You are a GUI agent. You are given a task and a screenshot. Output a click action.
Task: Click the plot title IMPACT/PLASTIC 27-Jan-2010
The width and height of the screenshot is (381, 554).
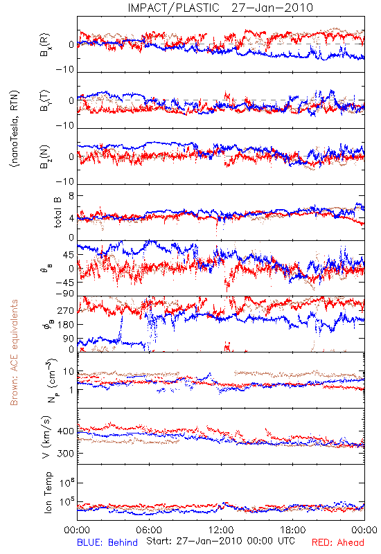[x=220, y=8]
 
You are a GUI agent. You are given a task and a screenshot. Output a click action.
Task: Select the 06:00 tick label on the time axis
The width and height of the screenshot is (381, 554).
[x=149, y=530]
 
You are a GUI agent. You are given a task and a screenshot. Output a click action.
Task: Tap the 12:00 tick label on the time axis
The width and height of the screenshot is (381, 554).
[x=221, y=530]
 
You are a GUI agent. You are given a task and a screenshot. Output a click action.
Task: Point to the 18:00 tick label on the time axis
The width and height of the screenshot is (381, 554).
[x=293, y=530]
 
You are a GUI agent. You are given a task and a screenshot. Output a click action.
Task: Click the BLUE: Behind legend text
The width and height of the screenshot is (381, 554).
[x=107, y=542]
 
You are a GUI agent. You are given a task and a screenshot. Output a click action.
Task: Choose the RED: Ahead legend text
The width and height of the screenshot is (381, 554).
[x=337, y=542]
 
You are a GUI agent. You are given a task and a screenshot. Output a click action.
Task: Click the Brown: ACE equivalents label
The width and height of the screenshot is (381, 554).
[x=14, y=352]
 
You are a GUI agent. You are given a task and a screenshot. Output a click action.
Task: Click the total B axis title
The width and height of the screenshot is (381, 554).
[x=57, y=213]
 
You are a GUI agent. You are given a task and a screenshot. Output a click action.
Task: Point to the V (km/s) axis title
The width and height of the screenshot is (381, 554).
[x=46, y=438]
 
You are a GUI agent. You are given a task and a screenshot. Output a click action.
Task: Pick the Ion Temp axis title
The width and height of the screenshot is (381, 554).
[x=48, y=492]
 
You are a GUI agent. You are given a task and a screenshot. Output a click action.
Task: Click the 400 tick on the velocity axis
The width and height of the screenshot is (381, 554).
[x=65, y=431]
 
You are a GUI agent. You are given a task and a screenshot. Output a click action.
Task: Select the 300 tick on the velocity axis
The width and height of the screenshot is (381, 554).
[x=65, y=453]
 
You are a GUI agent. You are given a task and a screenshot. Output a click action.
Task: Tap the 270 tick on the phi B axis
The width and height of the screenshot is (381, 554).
[x=65, y=310]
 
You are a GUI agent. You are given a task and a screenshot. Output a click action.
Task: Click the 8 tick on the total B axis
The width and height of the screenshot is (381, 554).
[x=71, y=196]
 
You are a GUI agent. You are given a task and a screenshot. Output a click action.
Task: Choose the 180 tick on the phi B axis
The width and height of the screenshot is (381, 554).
[x=65, y=324]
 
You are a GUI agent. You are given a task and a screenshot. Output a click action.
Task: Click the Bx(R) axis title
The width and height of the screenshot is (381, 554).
[x=45, y=45]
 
